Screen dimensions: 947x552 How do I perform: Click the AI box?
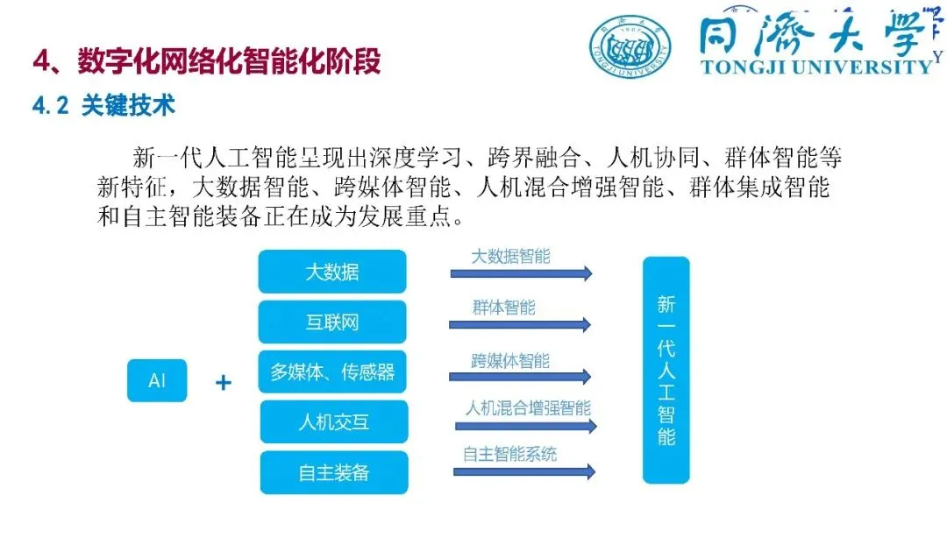click(157, 380)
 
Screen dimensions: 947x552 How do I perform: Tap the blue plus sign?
click(224, 382)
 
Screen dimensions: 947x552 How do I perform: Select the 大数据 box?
click(332, 272)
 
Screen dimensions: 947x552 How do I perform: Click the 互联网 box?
click(332, 322)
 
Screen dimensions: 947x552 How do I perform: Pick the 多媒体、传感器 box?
click(332, 372)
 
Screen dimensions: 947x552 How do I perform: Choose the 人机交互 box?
click(333, 422)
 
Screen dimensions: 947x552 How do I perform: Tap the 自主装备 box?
click(333, 472)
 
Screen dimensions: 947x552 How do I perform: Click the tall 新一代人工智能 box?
click(666, 370)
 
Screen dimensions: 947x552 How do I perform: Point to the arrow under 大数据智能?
click(521, 273)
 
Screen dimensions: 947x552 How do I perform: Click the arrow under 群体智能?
click(520, 324)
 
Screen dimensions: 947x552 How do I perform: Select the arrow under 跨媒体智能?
click(520, 376)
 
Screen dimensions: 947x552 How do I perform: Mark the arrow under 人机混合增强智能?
click(525, 427)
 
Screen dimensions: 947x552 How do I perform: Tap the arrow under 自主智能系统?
click(524, 471)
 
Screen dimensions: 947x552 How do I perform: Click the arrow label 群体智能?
click(503, 308)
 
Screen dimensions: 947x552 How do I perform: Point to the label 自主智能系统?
click(509, 455)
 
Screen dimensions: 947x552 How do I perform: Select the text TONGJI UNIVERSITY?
click(816, 67)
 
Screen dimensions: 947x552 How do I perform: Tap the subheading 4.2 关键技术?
click(104, 106)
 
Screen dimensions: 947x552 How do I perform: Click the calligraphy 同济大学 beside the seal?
click(811, 33)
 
